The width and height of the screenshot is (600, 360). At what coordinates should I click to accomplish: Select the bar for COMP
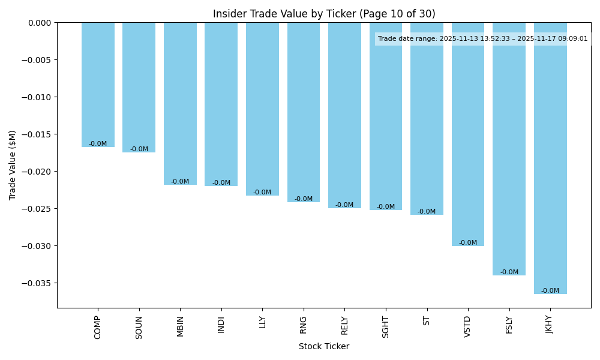(x=98, y=85)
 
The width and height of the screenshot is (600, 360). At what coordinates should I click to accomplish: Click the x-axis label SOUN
(x=139, y=328)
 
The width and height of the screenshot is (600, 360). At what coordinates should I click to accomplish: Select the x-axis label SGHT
(x=386, y=328)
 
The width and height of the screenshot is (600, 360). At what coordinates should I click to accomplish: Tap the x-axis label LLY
(x=262, y=322)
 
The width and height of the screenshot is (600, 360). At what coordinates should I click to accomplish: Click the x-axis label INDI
(x=221, y=325)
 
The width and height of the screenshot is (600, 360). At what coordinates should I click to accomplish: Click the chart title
(x=324, y=14)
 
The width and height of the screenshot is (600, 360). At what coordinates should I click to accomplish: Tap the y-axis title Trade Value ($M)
(x=13, y=165)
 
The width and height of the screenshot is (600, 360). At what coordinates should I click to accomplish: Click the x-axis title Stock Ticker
(x=324, y=346)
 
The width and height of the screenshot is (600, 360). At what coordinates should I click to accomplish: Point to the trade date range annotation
(x=483, y=39)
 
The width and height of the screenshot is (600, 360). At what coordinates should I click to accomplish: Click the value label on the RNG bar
(x=304, y=199)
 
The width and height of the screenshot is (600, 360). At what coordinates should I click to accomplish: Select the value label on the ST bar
(x=427, y=212)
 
